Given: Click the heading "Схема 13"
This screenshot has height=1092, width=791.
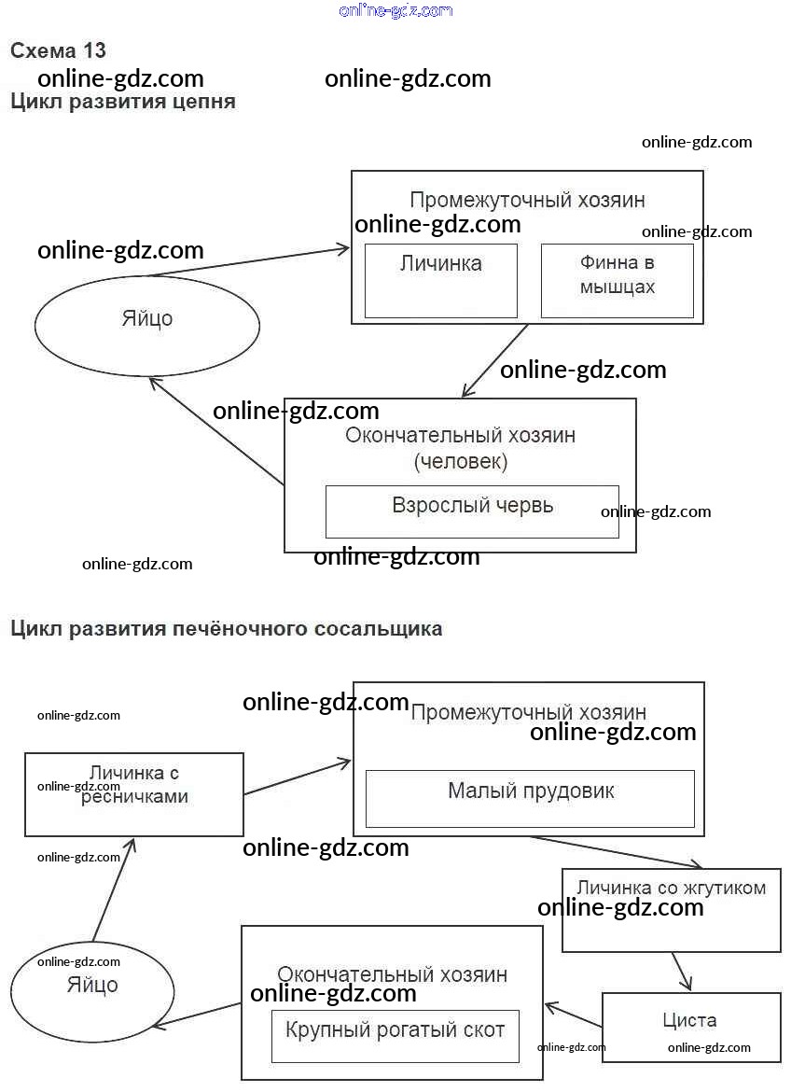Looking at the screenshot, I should click(x=58, y=50).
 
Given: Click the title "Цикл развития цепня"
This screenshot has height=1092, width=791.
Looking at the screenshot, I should click(x=122, y=102).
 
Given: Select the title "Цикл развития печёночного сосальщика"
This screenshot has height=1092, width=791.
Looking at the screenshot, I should click(x=226, y=628).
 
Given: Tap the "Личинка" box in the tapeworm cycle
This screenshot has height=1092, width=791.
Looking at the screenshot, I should click(x=440, y=280).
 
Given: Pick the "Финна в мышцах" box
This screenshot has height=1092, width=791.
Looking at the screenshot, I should click(x=617, y=280).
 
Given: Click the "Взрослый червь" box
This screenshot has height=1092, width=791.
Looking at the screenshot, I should click(x=472, y=511).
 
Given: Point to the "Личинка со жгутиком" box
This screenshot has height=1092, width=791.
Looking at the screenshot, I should click(x=671, y=910).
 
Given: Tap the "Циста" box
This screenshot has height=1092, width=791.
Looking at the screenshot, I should click(x=690, y=1027).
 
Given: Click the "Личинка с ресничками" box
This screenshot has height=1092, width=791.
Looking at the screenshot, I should click(x=134, y=794).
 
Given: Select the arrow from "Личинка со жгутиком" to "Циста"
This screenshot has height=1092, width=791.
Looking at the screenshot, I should click(x=682, y=972).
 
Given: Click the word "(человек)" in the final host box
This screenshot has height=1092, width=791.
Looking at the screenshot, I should click(x=461, y=461).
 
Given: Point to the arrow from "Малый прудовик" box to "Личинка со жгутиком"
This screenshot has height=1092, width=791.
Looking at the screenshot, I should click(x=617, y=851).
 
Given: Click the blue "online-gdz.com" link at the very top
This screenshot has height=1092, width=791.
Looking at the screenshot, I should click(x=396, y=10).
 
